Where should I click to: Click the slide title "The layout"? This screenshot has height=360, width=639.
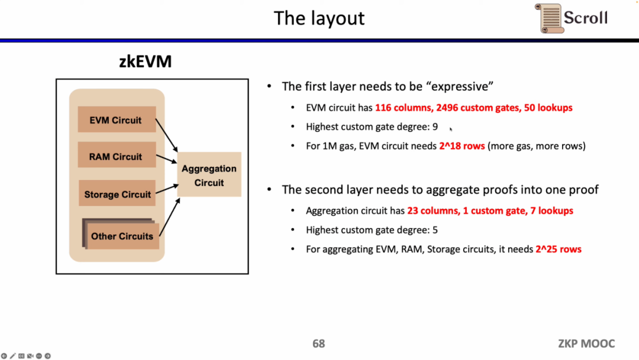(319, 18)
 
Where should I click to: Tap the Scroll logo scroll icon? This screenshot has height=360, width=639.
(549, 18)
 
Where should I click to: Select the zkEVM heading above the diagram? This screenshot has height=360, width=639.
(146, 61)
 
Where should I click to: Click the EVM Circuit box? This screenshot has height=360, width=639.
(117, 120)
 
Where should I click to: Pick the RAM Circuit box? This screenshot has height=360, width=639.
(117, 157)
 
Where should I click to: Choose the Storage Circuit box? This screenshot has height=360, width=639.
(117, 194)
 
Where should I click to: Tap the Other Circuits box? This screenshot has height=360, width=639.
(122, 236)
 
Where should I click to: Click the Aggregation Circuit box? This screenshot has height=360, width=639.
(209, 175)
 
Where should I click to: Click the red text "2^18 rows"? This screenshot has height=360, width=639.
(461, 146)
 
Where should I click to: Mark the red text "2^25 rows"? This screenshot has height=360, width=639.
(558, 249)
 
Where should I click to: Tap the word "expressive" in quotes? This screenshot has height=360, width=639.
(459, 86)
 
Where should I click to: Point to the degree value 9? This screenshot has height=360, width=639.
(435, 127)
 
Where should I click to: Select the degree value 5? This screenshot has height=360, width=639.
(435, 230)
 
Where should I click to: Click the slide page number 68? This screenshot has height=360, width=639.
(318, 343)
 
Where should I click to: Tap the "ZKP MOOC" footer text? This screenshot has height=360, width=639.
(586, 343)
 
